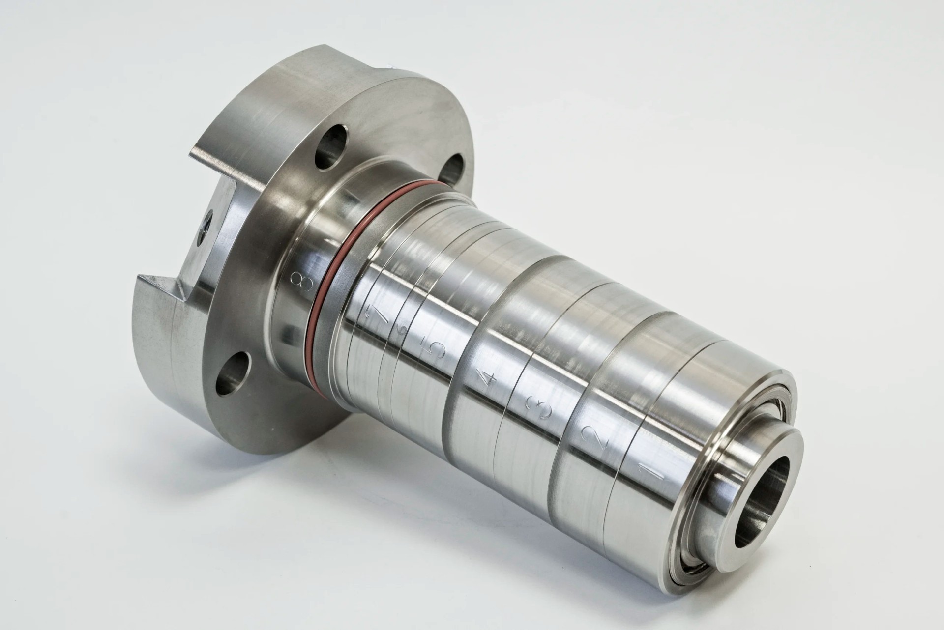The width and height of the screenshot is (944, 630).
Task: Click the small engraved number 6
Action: click(x=403, y=331)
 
